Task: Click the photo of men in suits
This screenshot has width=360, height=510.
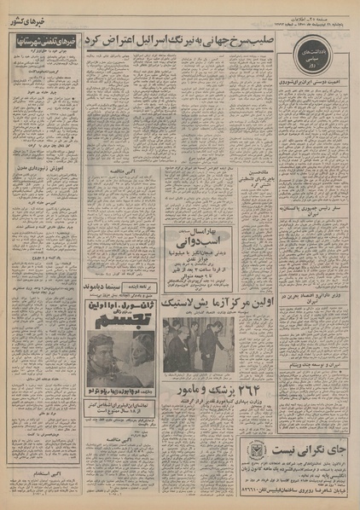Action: coord(199,343)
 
